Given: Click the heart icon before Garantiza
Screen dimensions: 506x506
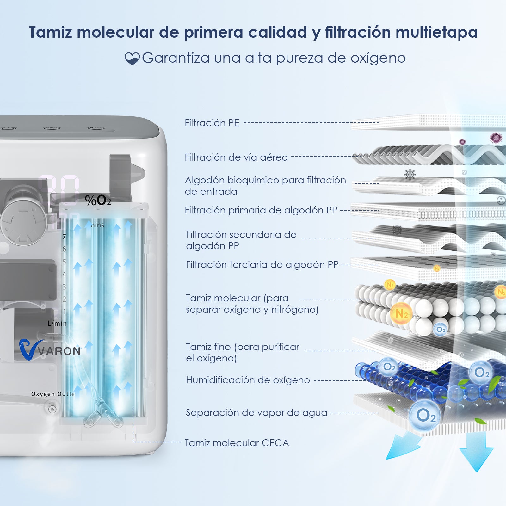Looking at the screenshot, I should pyautogui.click(x=132, y=59).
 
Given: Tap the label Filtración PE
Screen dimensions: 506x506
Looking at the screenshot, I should pyautogui.click(x=212, y=123).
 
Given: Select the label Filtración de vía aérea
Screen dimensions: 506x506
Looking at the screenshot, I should pyautogui.click(x=236, y=157).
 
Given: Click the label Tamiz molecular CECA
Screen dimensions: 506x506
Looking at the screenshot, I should pyautogui.click(x=237, y=443).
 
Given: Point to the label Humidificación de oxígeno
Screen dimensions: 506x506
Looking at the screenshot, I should pyautogui.click(x=248, y=380).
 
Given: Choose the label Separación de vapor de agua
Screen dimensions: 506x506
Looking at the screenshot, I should pyautogui.click(x=256, y=412).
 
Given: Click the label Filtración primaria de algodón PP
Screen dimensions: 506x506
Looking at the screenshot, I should pyautogui.click(x=261, y=210).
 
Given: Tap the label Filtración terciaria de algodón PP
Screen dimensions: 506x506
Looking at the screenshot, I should pyautogui.click(x=262, y=264).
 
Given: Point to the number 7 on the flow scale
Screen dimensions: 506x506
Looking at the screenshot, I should pyautogui.click(x=64, y=237).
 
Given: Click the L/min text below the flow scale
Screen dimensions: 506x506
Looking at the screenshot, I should pyautogui.click(x=57, y=323).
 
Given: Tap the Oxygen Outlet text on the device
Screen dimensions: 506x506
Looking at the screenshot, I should pyautogui.click(x=53, y=394).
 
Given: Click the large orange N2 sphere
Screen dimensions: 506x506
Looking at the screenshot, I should pyautogui.click(x=401, y=314).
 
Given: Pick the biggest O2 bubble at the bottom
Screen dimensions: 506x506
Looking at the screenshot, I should pyautogui.click(x=425, y=415).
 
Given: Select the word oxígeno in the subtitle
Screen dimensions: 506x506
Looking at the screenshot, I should pyautogui.click(x=378, y=58).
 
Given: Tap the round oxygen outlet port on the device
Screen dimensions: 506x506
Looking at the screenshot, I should pyautogui.click(x=52, y=409).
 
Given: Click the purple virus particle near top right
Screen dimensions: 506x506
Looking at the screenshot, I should pyautogui.click(x=496, y=138).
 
